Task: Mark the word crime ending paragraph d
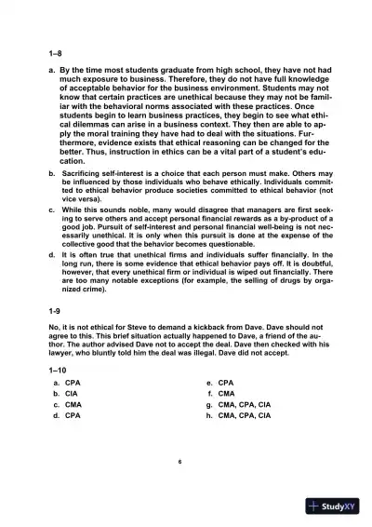pos(93,290)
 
